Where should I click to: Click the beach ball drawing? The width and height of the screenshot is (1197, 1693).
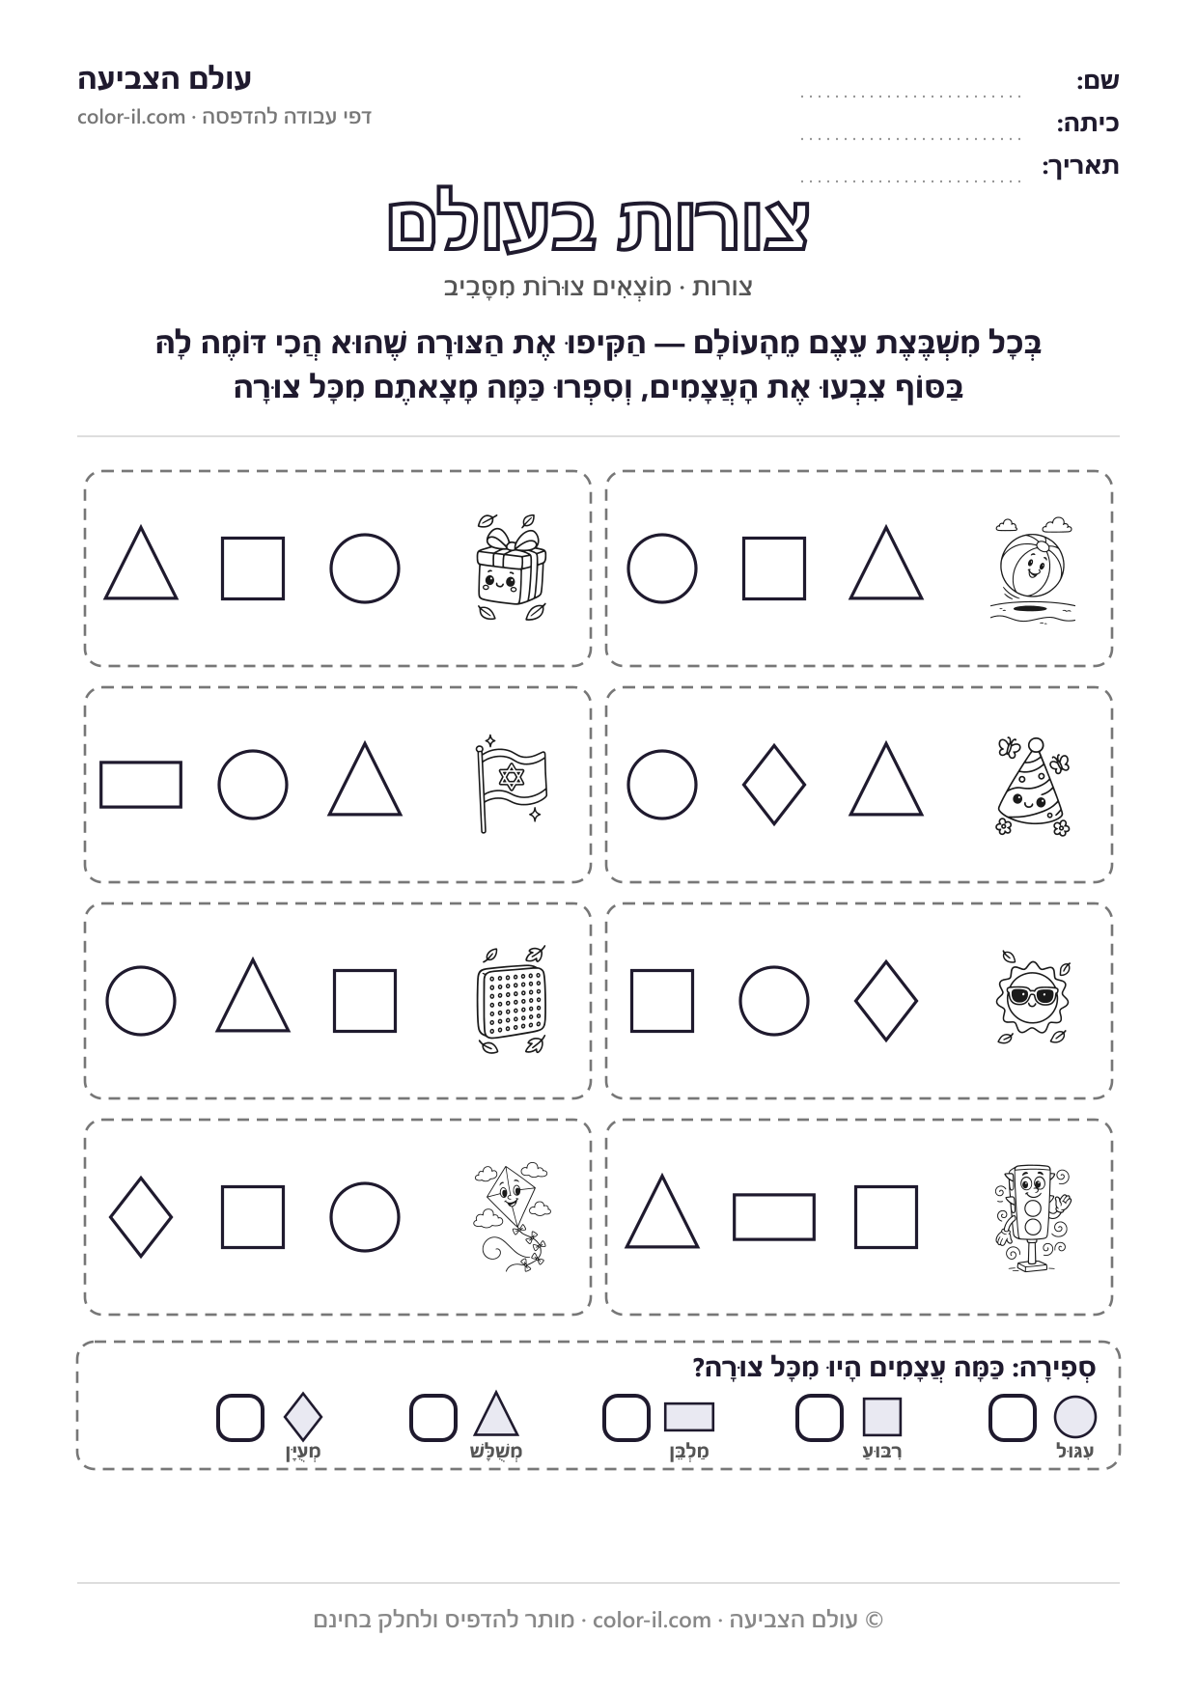pyautogui.click(x=1032, y=569)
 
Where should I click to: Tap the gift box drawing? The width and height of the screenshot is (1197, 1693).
pyautogui.click(x=511, y=568)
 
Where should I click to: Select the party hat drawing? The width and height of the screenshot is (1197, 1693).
pyautogui.click(x=1033, y=786)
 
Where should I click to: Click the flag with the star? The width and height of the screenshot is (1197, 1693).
pyautogui.click(x=511, y=785)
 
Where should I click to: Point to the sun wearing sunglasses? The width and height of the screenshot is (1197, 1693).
pyautogui.click(x=1033, y=998)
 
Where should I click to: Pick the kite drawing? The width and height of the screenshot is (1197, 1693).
pyautogui.click(x=511, y=1216)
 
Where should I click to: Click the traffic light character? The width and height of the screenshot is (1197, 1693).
pyautogui.click(x=1033, y=1216)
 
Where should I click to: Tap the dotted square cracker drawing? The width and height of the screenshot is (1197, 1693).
pyautogui.click(x=511, y=1000)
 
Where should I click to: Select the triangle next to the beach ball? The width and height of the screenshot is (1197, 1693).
pyautogui.click(x=886, y=564)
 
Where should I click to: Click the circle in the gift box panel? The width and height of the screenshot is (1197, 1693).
pyautogui.click(x=365, y=569)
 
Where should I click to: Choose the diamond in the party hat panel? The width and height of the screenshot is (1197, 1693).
pyautogui.click(x=774, y=784)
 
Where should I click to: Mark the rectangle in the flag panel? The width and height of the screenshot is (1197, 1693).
pyautogui.click(x=141, y=785)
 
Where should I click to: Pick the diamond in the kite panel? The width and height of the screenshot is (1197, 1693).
pyautogui.click(x=141, y=1217)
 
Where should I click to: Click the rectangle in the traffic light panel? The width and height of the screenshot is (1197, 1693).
pyautogui.click(x=774, y=1217)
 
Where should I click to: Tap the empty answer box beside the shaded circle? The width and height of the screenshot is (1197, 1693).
pyautogui.click(x=1013, y=1418)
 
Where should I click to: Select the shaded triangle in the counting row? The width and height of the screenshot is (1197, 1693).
pyautogui.click(x=497, y=1415)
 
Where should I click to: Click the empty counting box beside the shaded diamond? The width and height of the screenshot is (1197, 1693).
pyautogui.click(x=240, y=1418)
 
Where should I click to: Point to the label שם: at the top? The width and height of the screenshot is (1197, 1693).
pyautogui.click(x=1099, y=81)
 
